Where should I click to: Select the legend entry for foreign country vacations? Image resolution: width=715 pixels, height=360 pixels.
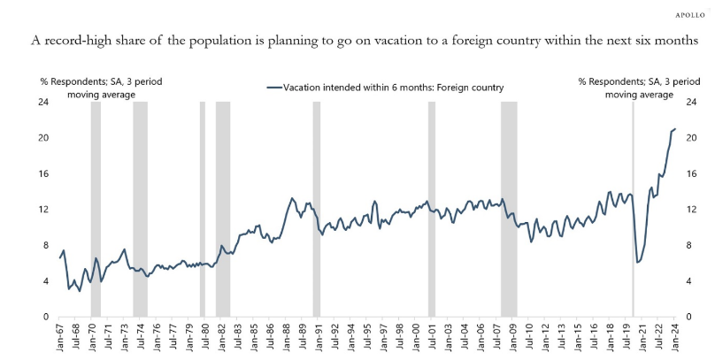tap(385, 87)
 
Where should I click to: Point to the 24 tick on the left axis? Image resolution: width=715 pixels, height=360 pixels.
tap(42, 103)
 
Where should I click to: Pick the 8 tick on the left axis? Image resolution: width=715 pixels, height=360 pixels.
tap(45, 245)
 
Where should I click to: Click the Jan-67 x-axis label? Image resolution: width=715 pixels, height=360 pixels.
tap(60, 338)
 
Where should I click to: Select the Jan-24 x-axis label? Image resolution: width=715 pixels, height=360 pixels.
tap(675, 338)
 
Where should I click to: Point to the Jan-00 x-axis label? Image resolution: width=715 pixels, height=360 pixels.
tap(415, 338)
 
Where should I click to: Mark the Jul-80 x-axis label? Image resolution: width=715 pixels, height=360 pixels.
tap(205, 338)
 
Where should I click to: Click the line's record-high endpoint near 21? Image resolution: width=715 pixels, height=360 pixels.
tap(674, 129)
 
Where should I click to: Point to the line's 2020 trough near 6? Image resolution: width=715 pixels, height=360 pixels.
tap(638, 262)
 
